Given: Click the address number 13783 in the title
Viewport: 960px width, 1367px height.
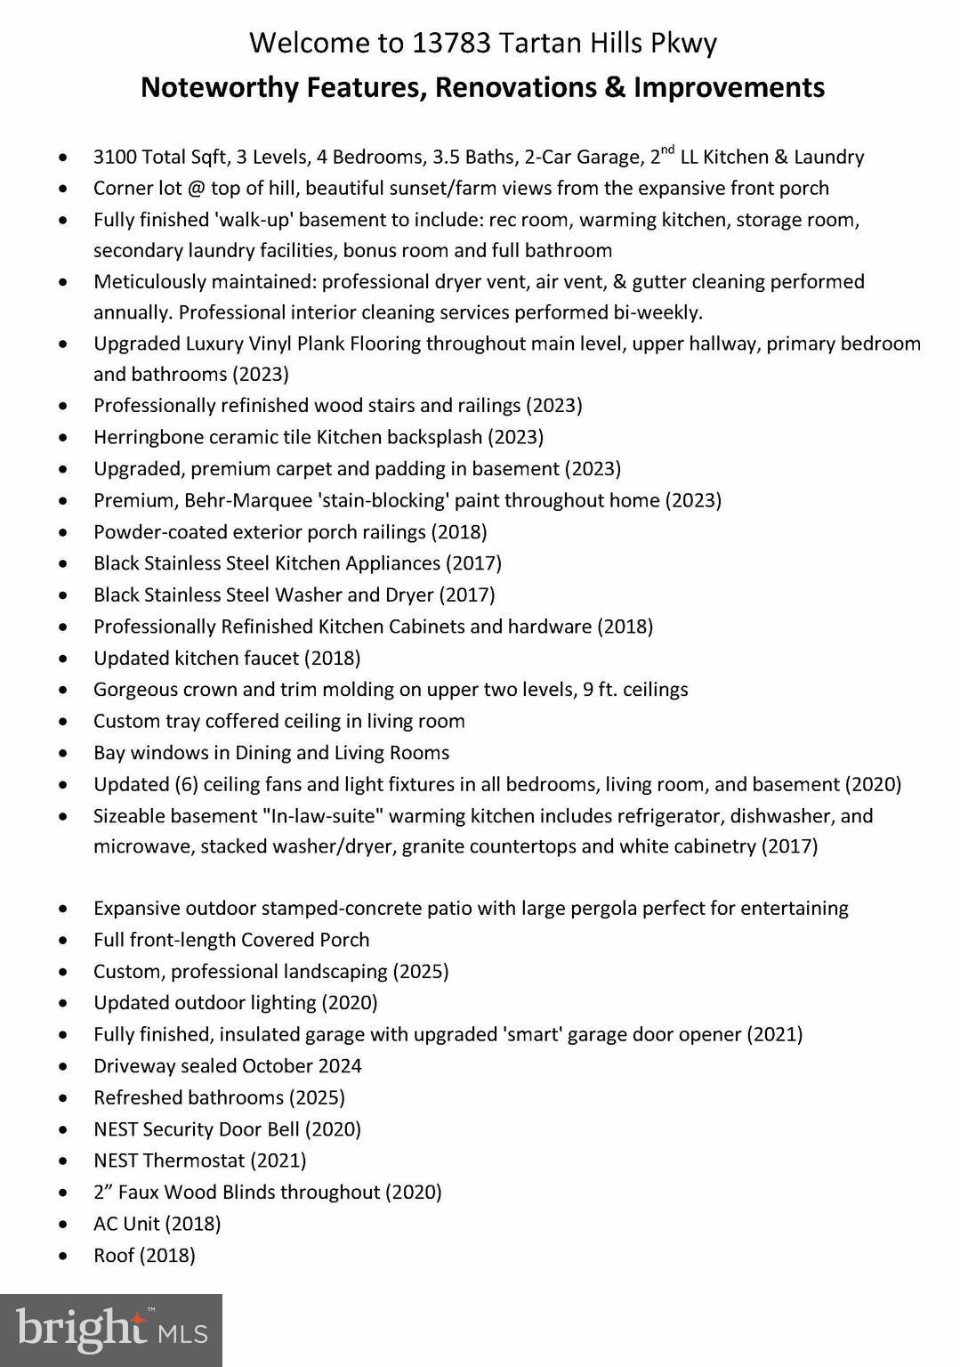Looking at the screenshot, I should coord(451,43).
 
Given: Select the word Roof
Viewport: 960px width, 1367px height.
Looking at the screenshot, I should coord(113,1255).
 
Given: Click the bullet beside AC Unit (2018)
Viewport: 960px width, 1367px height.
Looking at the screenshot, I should coord(62,1225).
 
